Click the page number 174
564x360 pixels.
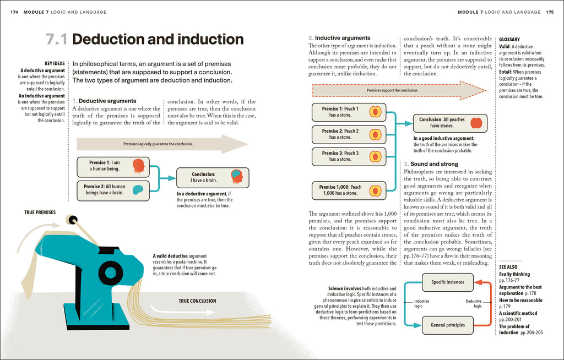(x=14, y=12)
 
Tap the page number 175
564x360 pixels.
(x=550, y=12)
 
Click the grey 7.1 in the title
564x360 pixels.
(x=57, y=39)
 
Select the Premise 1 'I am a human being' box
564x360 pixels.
(x=113, y=167)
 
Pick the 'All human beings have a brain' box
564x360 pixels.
(x=113, y=190)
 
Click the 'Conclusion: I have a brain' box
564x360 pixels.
(x=213, y=178)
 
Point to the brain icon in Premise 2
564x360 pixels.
(x=138, y=189)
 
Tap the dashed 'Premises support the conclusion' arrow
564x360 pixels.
(x=399, y=91)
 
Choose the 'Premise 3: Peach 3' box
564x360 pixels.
(x=349, y=156)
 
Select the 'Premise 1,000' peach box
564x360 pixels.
(x=349, y=190)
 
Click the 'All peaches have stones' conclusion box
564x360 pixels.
(x=450, y=123)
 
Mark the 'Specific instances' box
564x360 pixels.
(x=447, y=282)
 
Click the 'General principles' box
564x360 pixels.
(x=447, y=325)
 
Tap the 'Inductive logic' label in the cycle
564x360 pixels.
(x=421, y=303)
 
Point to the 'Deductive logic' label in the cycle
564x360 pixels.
(x=474, y=303)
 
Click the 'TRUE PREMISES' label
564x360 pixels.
(x=40, y=212)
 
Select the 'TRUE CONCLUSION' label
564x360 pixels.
(x=198, y=301)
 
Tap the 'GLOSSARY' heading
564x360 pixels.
(x=509, y=40)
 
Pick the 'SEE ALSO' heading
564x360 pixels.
(x=508, y=267)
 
